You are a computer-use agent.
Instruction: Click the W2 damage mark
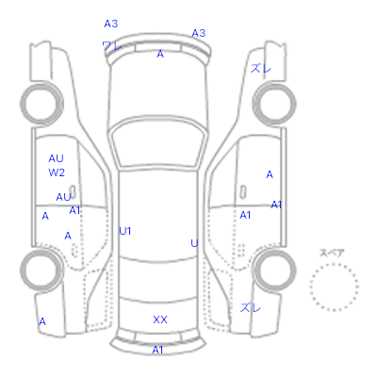coord(57,172)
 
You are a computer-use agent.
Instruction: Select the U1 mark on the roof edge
coord(125,231)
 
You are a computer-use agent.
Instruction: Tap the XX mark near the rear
coord(160,320)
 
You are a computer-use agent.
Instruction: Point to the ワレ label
coord(112,46)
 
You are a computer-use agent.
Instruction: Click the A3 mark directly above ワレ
coord(111,24)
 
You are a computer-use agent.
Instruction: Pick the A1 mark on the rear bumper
coord(157,350)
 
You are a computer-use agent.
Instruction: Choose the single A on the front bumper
coord(160,54)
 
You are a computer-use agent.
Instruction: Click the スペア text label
coord(332,253)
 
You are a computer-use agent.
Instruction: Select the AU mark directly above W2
coord(56,158)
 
